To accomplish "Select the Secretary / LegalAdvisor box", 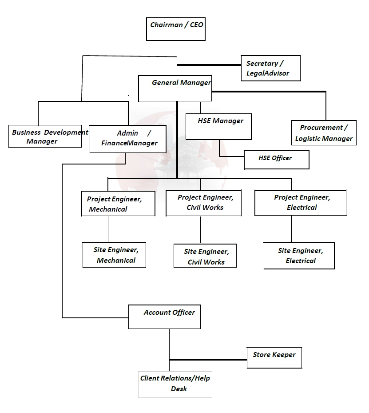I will coord(270,68).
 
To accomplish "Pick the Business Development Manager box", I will coord(45,136).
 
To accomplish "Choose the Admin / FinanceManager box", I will coord(128,139).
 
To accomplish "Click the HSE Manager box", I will coord(218,126).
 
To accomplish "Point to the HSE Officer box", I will coord(276,160).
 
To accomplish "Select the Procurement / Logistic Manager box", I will coord(324,132).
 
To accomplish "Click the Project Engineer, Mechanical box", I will coord(118,204).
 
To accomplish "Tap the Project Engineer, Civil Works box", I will coord(203,203).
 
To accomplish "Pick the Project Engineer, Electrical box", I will coord(300,202).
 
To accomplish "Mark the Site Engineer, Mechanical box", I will coord(115,255).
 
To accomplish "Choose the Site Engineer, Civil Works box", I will coord(205,256).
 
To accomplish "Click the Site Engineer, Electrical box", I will coord(299,256).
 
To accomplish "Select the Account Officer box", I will coord(164,317).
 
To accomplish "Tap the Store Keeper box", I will coord(274,357).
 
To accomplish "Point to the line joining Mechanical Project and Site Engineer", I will coord(108,229).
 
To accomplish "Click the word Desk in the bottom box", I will coord(179,389).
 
